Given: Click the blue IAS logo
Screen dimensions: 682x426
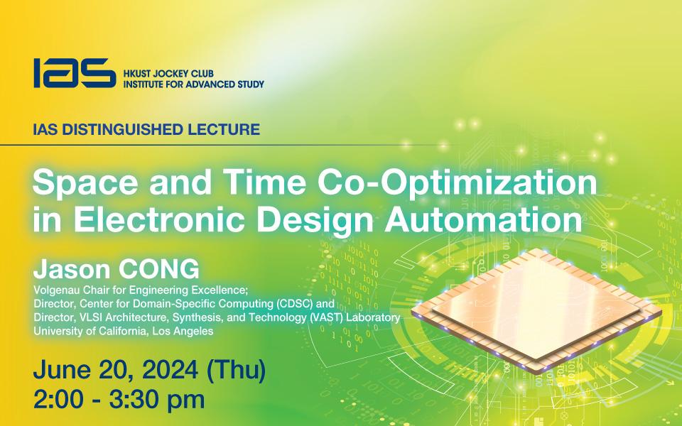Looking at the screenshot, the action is (x=75, y=73).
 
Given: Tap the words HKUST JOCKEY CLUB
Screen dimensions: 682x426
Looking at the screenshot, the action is (x=168, y=73).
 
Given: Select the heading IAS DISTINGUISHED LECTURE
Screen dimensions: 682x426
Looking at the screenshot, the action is (x=146, y=129).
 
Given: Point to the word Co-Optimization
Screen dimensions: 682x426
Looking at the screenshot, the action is (x=457, y=184).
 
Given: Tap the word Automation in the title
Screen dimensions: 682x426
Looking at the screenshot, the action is (x=483, y=219).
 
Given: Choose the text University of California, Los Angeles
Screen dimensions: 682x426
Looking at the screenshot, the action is (x=124, y=332).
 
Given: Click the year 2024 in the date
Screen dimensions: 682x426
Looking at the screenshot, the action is (x=170, y=370).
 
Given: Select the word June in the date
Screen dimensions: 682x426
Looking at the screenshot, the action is (x=62, y=371).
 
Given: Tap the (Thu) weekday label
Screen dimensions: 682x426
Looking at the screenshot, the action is (x=236, y=371).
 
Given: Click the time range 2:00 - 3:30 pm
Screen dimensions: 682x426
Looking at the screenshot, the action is (x=119, y=400).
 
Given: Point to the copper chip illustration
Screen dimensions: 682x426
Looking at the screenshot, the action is (x=536, y=310).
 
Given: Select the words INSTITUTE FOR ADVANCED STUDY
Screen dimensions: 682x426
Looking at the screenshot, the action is (x=193, y=84).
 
